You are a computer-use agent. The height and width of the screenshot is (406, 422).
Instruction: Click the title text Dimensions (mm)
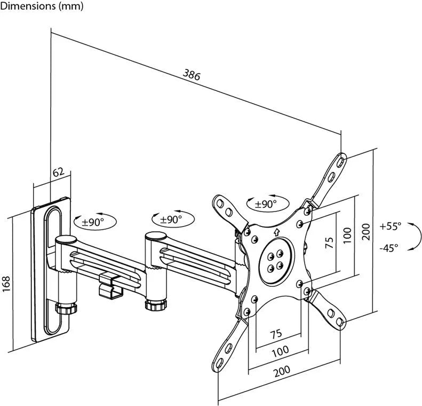coord(42,7)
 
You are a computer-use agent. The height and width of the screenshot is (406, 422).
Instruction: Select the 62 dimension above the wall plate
coord(59,172)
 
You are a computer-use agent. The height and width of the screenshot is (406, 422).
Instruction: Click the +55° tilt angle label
coord(390,227)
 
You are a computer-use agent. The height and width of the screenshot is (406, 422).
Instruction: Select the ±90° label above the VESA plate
coord(265,204)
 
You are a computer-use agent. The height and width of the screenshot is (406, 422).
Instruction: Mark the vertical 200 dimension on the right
coord(365,232)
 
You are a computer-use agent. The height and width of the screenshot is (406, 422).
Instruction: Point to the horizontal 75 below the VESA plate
coord(275,334)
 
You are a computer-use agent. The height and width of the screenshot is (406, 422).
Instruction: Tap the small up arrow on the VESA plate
coord(276,232)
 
